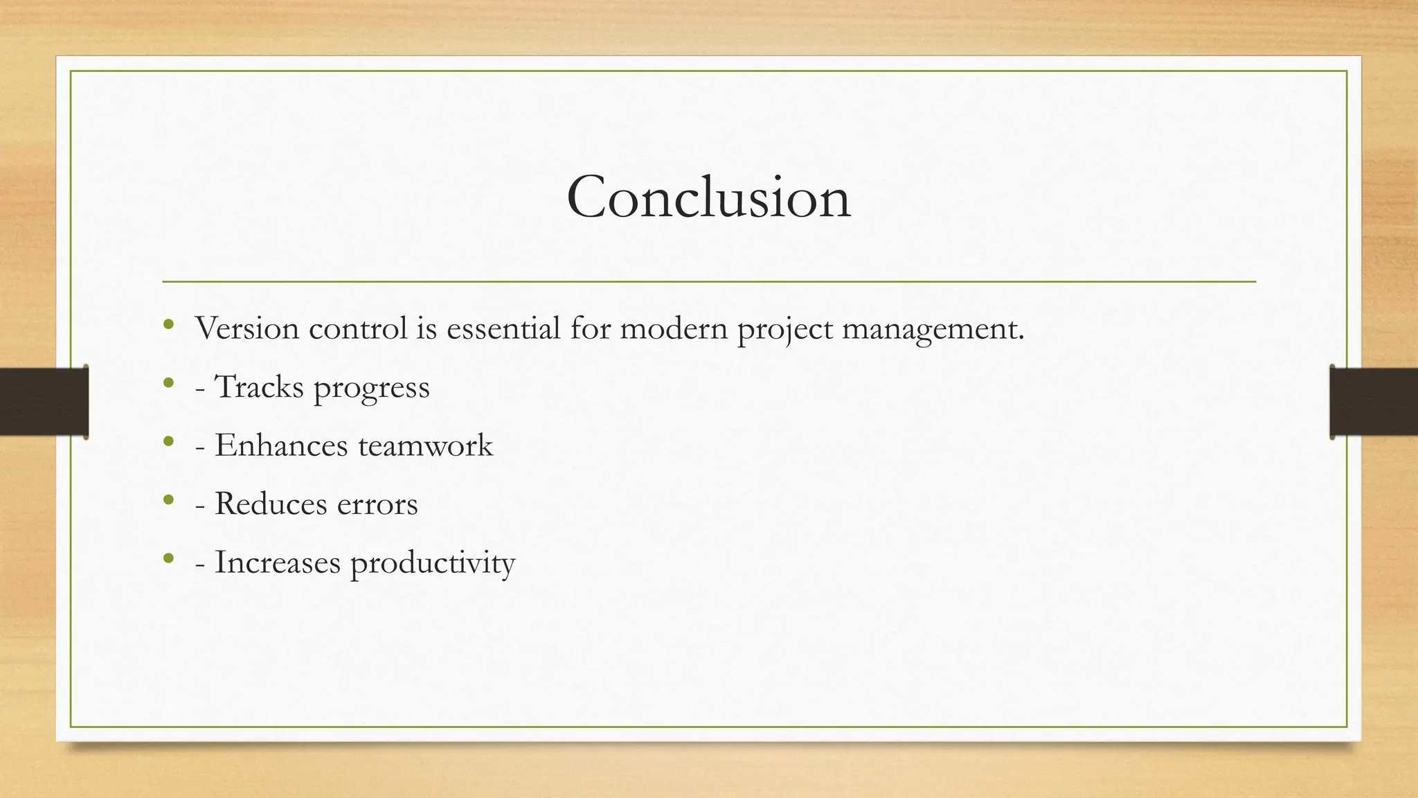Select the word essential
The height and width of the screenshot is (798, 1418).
[x=503, y=328]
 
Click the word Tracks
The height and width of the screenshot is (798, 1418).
[x=259, y=387]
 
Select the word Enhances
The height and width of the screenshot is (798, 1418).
[x=280, y=445]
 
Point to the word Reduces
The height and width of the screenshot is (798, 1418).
[x=270, y=504]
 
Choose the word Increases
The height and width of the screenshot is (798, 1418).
[x=277, y=562]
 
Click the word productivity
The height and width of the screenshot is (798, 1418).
[x=432, y=563]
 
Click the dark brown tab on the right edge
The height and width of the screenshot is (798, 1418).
[x=1374, y=402]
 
